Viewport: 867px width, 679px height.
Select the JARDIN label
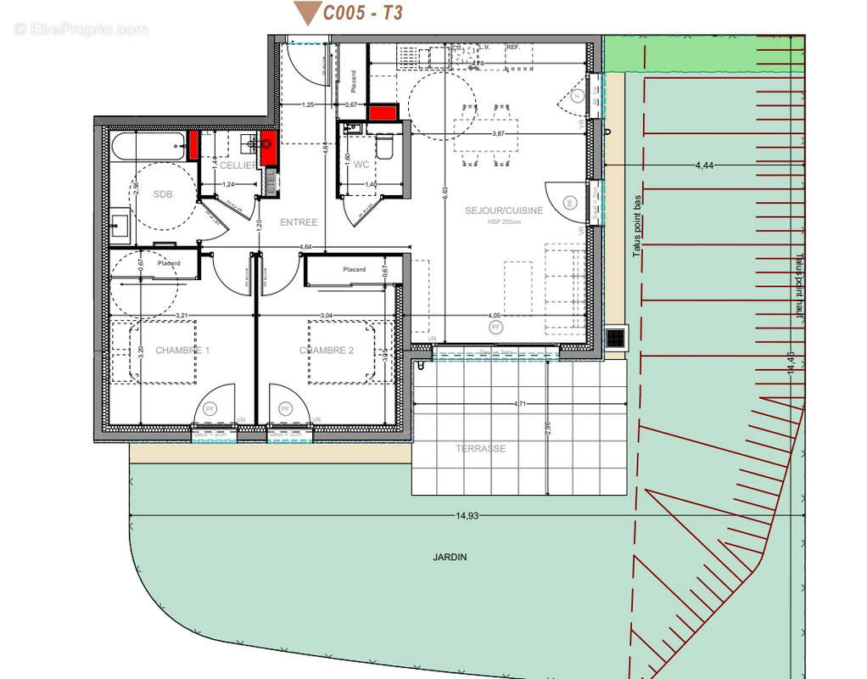tap(449, 558)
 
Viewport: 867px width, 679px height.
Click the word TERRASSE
tap(480, 448)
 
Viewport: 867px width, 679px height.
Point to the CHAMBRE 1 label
tap(182, 351)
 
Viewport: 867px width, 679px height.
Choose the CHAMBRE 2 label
tap(327, 351)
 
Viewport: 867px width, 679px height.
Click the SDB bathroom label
tap(163, 194)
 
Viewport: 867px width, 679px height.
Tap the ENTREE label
tap(299, 222)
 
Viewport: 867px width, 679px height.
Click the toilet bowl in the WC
tap(383, 149)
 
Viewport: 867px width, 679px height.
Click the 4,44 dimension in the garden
tap(703, 166)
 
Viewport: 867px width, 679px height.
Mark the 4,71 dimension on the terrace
tap(519, 404)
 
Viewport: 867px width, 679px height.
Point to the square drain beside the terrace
tap(616, 337)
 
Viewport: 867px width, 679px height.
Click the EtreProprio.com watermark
tap(81, 30)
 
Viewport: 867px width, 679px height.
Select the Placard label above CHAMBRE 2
tap(354, 270)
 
